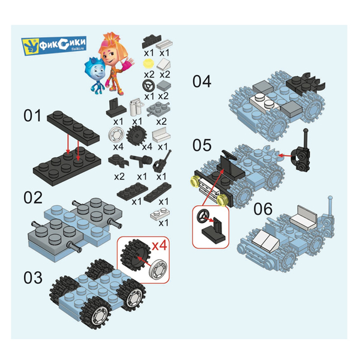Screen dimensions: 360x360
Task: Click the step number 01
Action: (32, 115)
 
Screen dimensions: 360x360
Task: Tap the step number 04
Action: (202, 81)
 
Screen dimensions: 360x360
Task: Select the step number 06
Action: (263, 209)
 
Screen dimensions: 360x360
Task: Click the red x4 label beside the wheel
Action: (160, 245)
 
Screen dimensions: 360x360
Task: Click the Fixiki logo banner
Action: (54, 45)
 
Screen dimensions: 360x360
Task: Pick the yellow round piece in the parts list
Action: (148, 62)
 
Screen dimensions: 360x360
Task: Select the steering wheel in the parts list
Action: (148, 85)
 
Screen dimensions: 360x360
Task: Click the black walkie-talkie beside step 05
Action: (301, 155)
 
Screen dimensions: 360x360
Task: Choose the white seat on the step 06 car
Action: (304, 218)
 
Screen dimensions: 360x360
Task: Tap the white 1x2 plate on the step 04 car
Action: (265, 102)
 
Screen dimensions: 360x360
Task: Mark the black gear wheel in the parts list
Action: (136, 136)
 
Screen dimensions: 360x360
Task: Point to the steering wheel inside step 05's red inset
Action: (203, 217)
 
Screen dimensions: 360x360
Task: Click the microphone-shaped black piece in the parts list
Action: (141, 160)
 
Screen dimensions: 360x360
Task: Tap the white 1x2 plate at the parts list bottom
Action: (160, 214)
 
